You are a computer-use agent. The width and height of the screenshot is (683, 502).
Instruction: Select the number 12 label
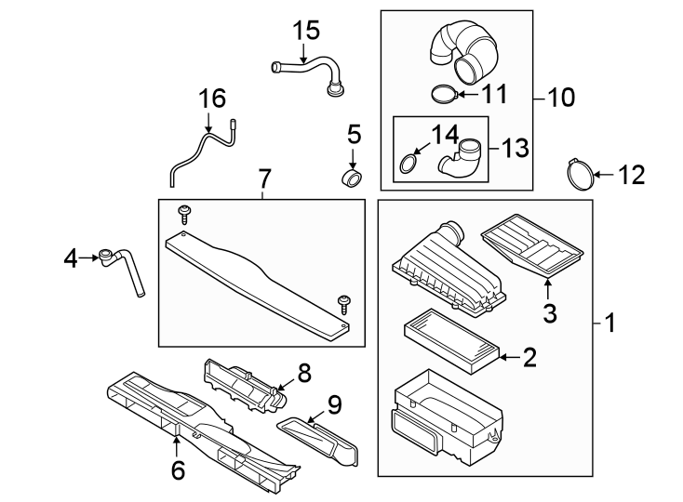point(631,175)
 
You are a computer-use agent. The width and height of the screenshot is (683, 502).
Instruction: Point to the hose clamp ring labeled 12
point(579,174)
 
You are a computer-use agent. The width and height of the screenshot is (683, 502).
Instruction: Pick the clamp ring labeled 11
point(447,94)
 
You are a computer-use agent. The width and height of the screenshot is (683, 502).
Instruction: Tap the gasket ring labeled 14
point(408,165)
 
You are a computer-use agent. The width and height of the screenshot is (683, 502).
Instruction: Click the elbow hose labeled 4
point(124,269)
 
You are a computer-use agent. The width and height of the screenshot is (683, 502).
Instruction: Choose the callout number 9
point(334,403)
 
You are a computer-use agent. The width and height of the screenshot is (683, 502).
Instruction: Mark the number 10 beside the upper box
point(561,97)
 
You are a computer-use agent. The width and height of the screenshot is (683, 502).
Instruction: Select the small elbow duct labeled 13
point(462,158)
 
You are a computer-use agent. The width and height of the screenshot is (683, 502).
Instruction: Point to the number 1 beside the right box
point(610,324)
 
